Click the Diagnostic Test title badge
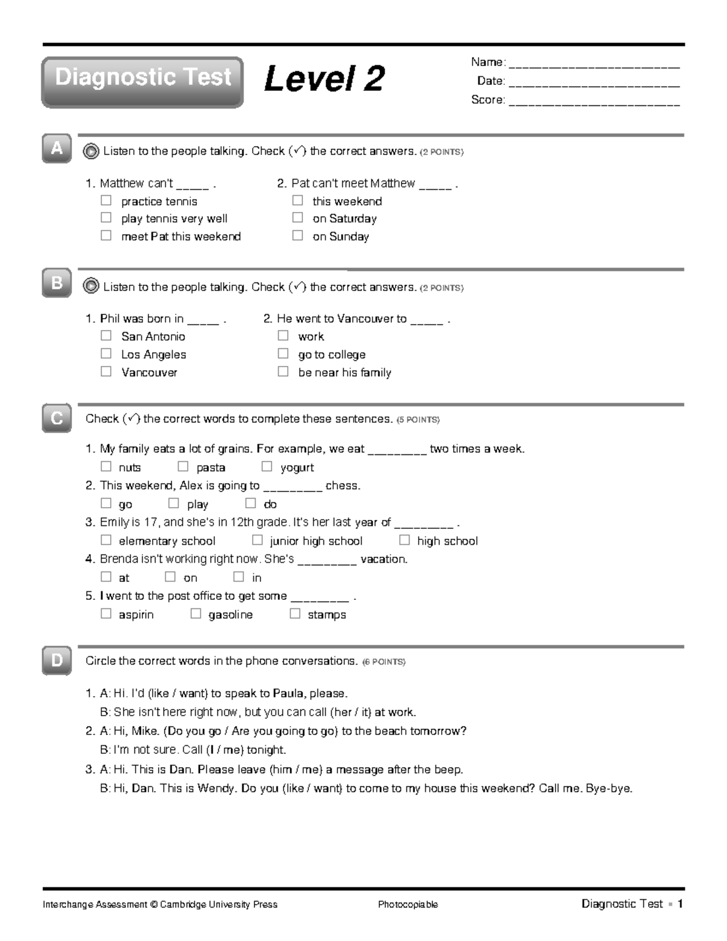pos(142,82)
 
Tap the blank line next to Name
pos(594,63)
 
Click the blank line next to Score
pos(594,101)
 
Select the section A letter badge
pos(56,148)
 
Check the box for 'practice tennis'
pos(106,201)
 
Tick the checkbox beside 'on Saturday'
pos(297,218)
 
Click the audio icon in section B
pos(91,287)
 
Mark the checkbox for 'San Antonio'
pos(106,336)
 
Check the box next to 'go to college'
pos(283,354)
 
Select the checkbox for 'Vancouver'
pos(106,372)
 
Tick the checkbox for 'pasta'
pos(183,467)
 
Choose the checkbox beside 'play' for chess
pos(174,504)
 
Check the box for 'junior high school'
pos(257,540)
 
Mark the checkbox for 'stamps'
pos(295,614)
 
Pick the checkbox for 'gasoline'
pos(196,614)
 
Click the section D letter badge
pos(56,660)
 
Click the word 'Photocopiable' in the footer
pos(408,905)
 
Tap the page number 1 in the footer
pos(680,904)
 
